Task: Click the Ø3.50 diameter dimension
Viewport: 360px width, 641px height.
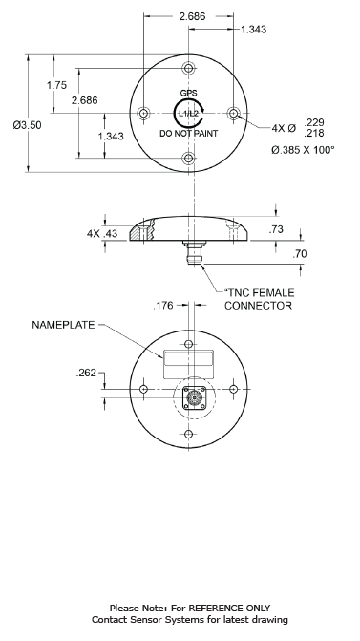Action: pyautogui.click(x=27, y=125)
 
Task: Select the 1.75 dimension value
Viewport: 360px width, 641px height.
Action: pyautogui.click(x=56, y=85)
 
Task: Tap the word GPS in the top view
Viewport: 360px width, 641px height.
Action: pyautogui.click(x=188, y=94)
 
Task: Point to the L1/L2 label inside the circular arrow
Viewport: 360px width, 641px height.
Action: pyautogui.click(x=188, y=114)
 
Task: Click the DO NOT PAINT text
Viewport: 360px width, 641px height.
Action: pyautogui.click(x=188, y=134)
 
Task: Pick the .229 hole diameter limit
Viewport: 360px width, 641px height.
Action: pyautogui.click(x=314, y=122)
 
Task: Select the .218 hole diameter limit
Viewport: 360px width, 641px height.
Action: pyautogui.click(x=314, y=133)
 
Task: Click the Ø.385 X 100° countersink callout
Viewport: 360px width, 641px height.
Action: pyautogui.click(x=303, y=150)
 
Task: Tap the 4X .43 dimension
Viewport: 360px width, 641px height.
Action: pyautogui.click(x=102, y=233)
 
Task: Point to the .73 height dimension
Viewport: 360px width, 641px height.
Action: pyautogui.click(x=276, y=229)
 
